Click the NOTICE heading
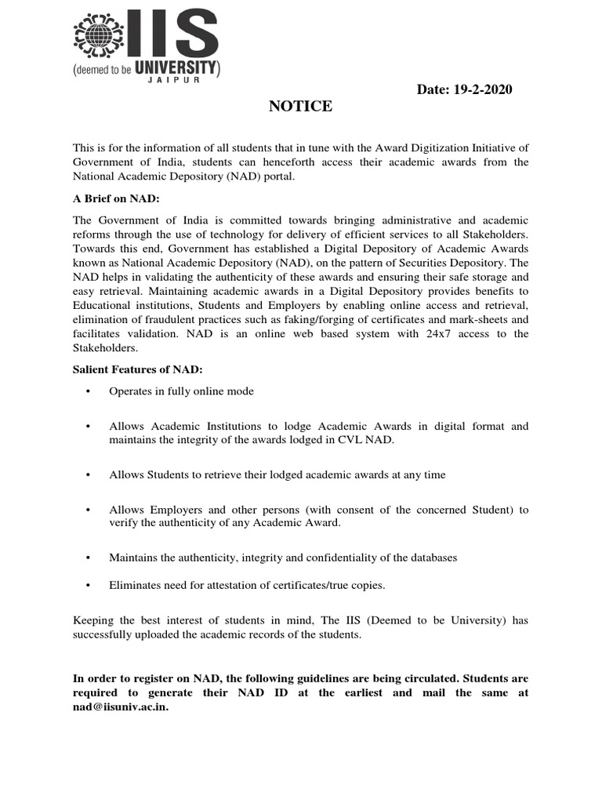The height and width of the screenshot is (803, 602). pos(300,107)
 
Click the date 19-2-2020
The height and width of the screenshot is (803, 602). pos(483,89)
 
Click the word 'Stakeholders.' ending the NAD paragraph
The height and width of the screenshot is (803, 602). pos(106,348)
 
